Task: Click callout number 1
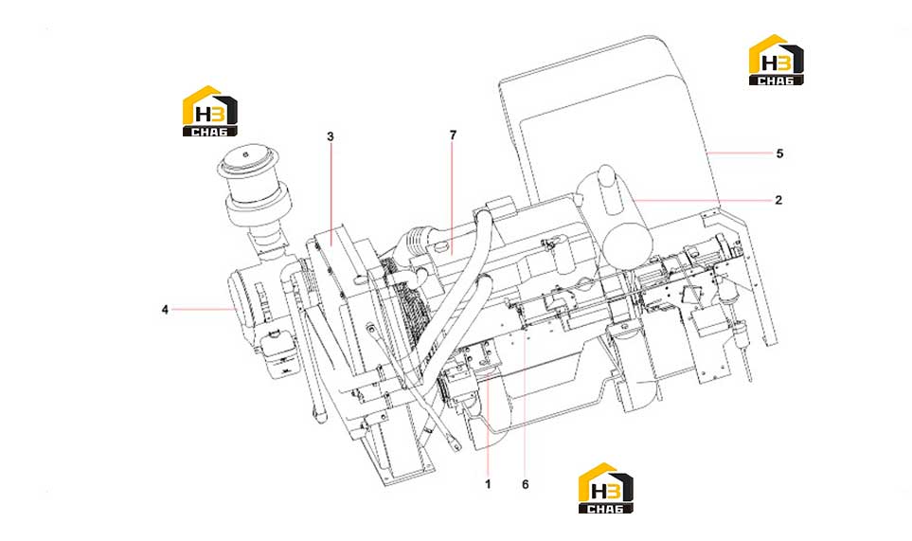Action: coord(488,484)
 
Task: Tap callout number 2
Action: coord(778,200)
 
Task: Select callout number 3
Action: coord(331,136)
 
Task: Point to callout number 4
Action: coord(165,310)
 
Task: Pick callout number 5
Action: coord(779,153)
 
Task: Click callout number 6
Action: coord(526,484)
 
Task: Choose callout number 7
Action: coord(453,135)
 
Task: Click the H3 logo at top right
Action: coord(777,60)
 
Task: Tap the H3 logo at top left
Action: coord(210,111)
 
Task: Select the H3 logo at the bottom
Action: coord(605,488)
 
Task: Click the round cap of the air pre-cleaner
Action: coord(249,162)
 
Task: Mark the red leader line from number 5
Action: coord(740,153)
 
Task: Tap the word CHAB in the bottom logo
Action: coord(605,509)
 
